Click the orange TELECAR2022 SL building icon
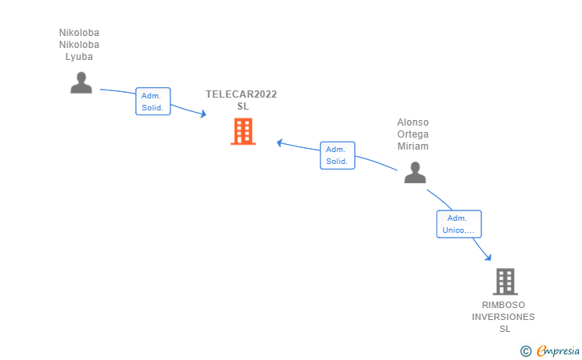click(243, 131)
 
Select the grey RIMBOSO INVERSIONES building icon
click(504, 282)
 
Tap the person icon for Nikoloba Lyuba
click(81, 82)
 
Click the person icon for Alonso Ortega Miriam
click(414, 172)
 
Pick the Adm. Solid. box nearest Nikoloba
click(153, 101)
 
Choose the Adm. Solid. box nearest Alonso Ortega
click(337, 155)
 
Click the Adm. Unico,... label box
click(458, 224)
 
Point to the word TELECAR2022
click(241, 94)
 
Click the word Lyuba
click(79, 57)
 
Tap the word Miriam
click(413, 146)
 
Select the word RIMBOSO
click(504, 305)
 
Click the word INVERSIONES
click(504, 317)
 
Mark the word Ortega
click(413, 134)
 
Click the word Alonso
click(413, 122)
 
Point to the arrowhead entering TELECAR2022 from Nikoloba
click(203, 115)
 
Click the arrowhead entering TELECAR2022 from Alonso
click(281, 143)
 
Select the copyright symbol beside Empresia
click(525, 350)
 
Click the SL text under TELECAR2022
click(243, 106)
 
